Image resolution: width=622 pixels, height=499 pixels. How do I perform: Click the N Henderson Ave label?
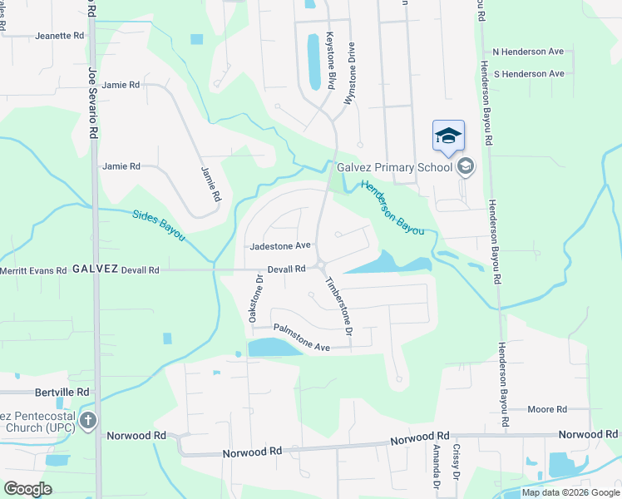click(x=529, y=52)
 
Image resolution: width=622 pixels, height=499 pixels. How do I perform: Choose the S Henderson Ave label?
click(x=529, y=74)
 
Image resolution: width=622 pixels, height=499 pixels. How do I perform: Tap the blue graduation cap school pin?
click(x=448, y=136)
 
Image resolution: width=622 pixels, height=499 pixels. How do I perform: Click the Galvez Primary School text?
click(x=394, y=166)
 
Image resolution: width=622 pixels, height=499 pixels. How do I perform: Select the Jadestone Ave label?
click(x=280, y=246)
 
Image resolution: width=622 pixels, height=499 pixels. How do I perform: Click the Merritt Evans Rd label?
click(x=33, y=270)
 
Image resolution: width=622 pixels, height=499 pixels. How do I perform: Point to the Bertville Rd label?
click(x=62, y=391)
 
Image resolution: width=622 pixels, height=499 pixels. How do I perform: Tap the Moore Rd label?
click(x=547, y=409)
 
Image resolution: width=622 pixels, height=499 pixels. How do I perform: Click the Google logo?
click(x=27, y=489)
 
